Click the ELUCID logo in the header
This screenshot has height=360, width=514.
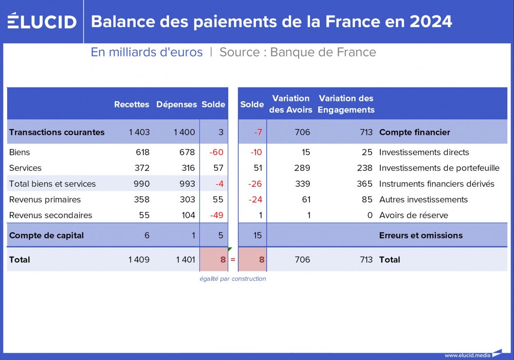coord(42,21)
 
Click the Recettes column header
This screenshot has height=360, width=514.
coord(132,104)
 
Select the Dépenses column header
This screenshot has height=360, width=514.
coord(176,104)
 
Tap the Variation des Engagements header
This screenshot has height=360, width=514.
coord(346,104)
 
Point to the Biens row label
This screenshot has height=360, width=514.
coord(20,152)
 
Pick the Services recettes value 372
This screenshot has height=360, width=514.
coord(139,168)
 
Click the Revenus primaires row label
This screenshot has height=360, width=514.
coord(45,200)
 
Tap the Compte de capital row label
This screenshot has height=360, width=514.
coord(46,236)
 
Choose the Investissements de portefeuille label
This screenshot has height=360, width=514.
coord(439,168)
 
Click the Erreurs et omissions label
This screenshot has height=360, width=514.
coord(420,236)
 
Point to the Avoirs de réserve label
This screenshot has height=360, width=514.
coord(413,215)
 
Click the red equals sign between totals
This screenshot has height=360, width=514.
coord(232,260)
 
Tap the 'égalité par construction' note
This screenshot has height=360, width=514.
coord(232,279)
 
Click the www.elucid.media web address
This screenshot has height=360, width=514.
coord(467,355)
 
